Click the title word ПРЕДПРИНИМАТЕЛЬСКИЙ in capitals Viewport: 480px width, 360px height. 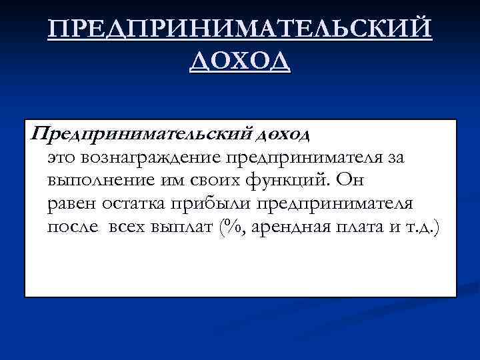(240, 31)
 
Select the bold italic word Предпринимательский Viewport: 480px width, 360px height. (141, 135)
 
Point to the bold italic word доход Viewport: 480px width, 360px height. (282, 135)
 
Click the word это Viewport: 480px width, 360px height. (63, 159)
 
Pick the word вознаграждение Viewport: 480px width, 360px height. (151, 159)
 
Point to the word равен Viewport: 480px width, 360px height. (71, 203)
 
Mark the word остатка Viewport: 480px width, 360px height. (134, 203)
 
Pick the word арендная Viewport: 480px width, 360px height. (287, 226)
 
